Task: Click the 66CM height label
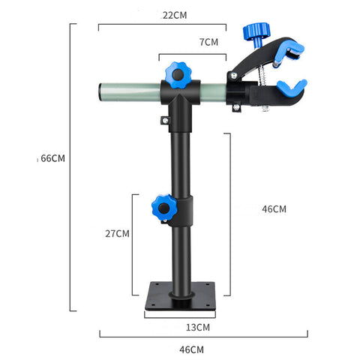click(53, 158)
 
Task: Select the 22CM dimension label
click(174, 16)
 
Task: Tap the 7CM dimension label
click(208, 42)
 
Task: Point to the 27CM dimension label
click(117, 233)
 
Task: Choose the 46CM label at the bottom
click(192, 349)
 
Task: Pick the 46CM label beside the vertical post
click(274, 208)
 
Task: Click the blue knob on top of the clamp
click(256, 32)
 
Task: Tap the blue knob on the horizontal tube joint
click(180, 73)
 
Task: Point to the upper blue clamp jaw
click(288, 52)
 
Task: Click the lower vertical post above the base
click(180, 255)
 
